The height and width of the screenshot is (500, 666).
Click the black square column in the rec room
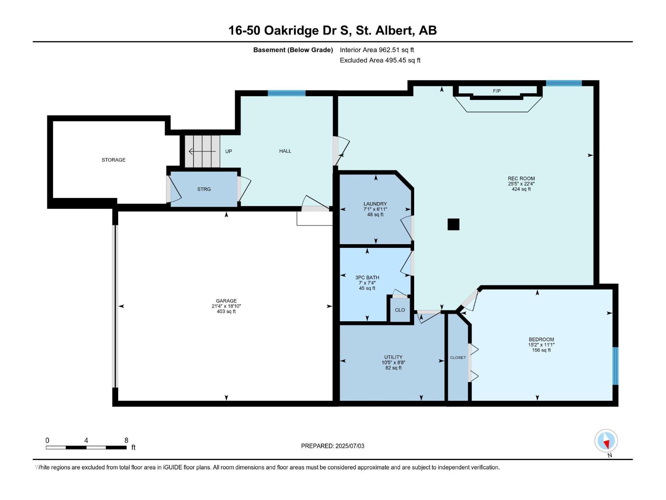click(453, 224)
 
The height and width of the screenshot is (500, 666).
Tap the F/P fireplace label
click(497, 91)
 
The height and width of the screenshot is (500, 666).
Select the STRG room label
click(204, 189)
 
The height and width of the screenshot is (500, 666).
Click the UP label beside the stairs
click(229, 151)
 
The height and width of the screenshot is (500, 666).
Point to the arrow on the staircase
click(202, 151)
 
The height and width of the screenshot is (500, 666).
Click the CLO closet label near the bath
click(400, 310)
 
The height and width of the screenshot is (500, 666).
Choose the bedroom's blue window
click(615, 366)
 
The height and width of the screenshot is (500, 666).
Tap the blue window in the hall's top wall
click(286, 93)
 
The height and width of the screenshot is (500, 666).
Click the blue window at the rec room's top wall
click(564, 83)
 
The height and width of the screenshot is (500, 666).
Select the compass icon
click(606, 441)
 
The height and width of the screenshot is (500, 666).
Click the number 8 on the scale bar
click(126, 440)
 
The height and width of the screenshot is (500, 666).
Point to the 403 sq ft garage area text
click(226, 312)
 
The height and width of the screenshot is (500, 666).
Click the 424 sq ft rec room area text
click(521, 189)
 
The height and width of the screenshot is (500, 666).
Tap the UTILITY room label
click(393, 357)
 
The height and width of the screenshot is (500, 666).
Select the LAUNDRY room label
click(375, 204)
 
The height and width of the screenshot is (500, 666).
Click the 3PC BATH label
click(367, 277)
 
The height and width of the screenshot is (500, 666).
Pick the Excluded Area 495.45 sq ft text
click(380, 60)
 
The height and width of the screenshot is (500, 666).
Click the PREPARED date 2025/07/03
click(350, 446)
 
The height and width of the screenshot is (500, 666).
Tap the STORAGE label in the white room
click(114, 160)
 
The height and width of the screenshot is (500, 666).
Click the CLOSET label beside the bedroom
click(458, 357)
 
